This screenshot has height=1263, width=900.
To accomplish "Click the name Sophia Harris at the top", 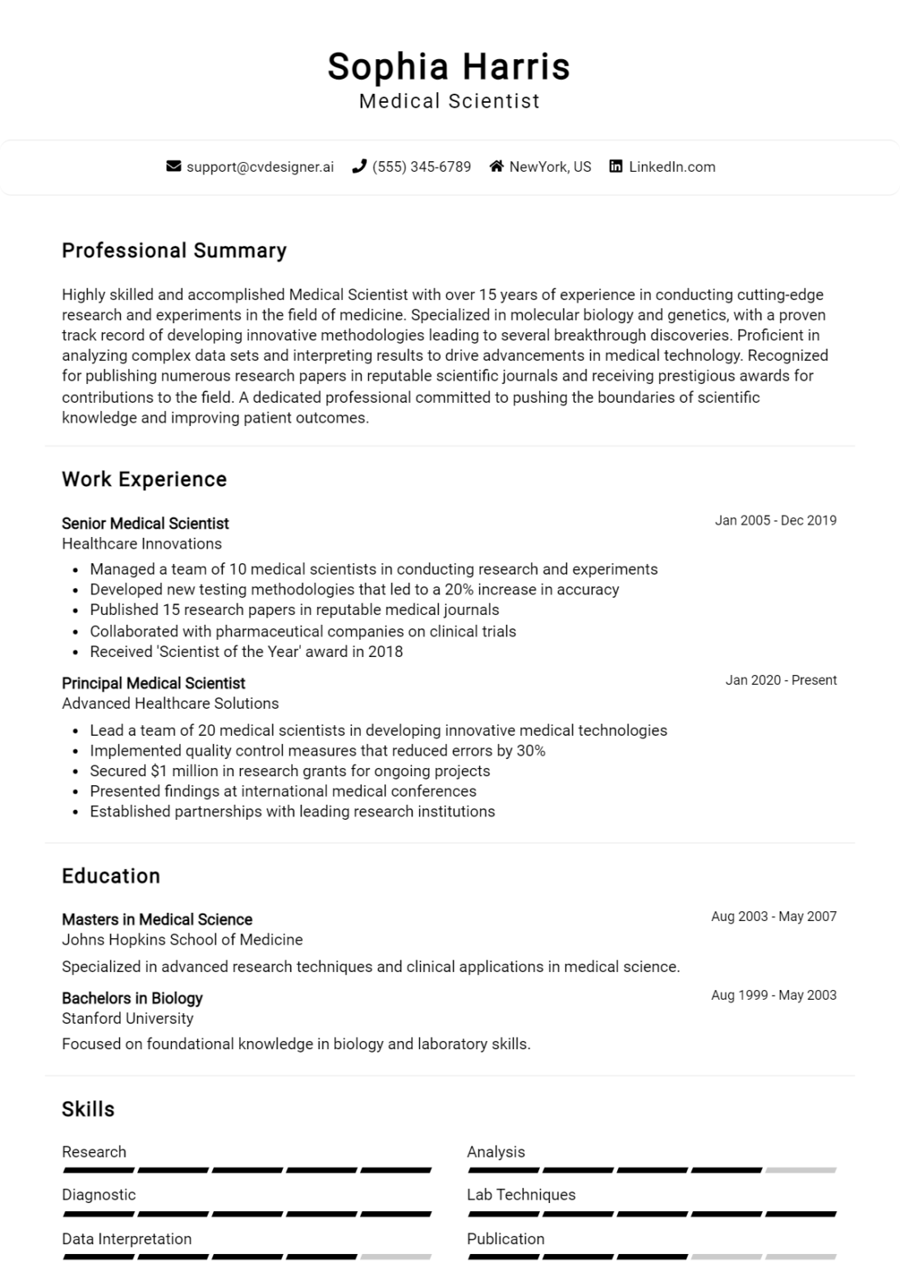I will [x=449, y=67].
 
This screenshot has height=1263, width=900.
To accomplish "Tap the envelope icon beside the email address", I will [x=173, y=167].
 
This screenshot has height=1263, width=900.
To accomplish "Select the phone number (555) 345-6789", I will [x=421, y=167].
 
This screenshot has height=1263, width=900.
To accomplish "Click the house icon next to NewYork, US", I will [x=496, y=167].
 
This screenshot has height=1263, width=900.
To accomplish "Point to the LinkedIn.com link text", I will [x=672, y=167].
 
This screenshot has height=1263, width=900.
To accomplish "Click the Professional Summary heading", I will [x=174, y=251].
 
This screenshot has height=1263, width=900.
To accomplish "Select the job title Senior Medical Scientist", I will [x=145, y=524].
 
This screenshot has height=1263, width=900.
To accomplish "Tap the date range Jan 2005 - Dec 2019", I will [x=775, y=520].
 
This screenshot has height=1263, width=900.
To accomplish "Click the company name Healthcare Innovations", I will [x=141, y=544].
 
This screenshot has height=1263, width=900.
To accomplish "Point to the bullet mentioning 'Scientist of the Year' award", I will [x=246, y=652].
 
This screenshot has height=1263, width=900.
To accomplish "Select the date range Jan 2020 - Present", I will [x=781, y=680].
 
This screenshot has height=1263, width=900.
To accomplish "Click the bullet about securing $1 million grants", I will [x=289, y=771].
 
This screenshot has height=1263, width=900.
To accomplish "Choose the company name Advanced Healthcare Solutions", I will [x=170, y=704].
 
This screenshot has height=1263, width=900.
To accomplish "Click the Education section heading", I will [x=111, y=876].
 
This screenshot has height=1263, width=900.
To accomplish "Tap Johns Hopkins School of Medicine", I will [x=182, y=940].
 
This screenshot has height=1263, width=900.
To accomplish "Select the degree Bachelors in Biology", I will [x=132, y=998].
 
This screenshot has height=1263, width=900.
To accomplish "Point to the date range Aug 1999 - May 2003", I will [x=773, y=995].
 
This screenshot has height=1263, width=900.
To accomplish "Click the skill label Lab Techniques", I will [x=521, y=1195].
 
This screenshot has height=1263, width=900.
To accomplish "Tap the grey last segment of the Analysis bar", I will [x=800, y=1170].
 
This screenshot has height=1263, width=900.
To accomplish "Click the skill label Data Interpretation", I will [x=127, y=1239].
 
